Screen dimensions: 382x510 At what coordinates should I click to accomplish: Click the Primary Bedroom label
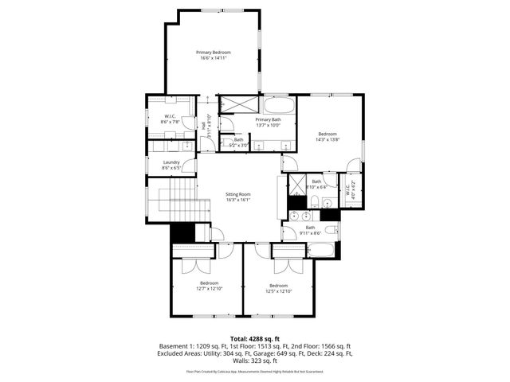click(214, 53)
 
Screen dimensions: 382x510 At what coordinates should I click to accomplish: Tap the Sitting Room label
click(238, 194)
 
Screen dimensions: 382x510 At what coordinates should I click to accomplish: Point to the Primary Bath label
click(269, 119)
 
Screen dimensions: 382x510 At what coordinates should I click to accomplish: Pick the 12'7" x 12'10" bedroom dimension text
click(210, 289)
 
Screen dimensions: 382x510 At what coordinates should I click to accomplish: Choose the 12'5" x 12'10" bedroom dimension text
click(278, 291)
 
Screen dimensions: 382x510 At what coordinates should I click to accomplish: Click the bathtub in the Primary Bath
click(278, 104)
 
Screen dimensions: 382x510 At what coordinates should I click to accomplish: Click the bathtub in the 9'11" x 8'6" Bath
click(320, 252)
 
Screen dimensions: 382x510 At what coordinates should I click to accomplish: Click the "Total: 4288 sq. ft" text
click(255, 338)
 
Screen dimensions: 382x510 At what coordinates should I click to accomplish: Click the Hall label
click(204, 126)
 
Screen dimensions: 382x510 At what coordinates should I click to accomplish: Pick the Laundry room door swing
click(190, 166)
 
